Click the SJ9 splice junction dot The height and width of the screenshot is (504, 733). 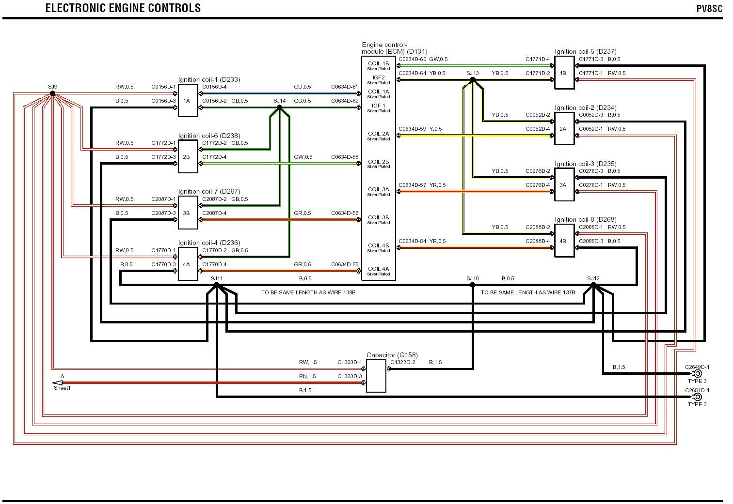(x=52, y=93)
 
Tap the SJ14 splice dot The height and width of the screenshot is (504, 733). (x=279, y=107)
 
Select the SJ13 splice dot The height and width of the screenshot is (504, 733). (x=473, y=79)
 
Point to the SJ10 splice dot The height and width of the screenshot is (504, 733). (x=473, y=285)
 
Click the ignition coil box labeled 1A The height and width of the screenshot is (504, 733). (x=188, y=100)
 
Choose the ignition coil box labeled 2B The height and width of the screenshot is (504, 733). (x=188, y=156)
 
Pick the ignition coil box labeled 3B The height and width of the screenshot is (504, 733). (x=188, y=213)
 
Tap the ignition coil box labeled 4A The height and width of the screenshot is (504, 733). (x=188, y=264)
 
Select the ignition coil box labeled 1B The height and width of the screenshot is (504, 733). (x=564, y=73)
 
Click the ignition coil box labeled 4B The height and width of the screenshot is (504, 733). (x=564, y=241)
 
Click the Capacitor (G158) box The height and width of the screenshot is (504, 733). (x=376, y=376)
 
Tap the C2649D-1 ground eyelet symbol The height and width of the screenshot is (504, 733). (x=697, y=373)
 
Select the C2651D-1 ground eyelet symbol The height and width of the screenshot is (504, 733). (x=697, y=397)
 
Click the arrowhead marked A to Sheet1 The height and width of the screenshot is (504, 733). (x=58, y=383)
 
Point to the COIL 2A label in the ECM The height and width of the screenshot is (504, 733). (x=378, y=134)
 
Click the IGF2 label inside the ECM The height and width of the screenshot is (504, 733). (x=378, y=77)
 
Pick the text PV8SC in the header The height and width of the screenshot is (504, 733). (x=709, y=9)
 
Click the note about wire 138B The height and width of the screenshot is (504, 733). (x=308, y=292)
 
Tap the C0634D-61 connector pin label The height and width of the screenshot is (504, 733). (x=345, y=87)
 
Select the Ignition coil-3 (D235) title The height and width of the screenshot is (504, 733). (x=586, y=164)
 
